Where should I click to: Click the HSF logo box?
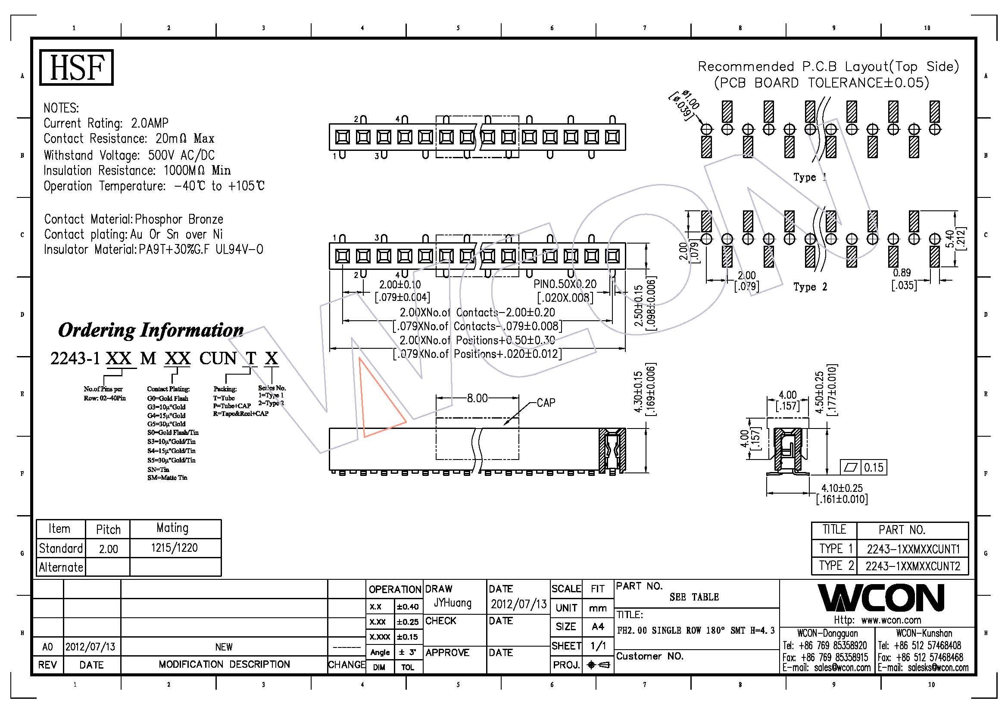76,67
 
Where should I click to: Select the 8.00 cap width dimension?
477,398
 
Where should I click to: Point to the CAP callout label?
546,403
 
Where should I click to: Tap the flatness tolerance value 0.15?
873,468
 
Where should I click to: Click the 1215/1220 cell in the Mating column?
174,548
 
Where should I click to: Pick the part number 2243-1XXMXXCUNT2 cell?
913,566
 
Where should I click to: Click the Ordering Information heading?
150,330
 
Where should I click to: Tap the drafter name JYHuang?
453,603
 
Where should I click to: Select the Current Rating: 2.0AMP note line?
106,123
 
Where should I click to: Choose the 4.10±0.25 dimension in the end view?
842,488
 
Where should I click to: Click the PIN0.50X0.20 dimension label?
565,284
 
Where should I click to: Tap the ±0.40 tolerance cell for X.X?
407,607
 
